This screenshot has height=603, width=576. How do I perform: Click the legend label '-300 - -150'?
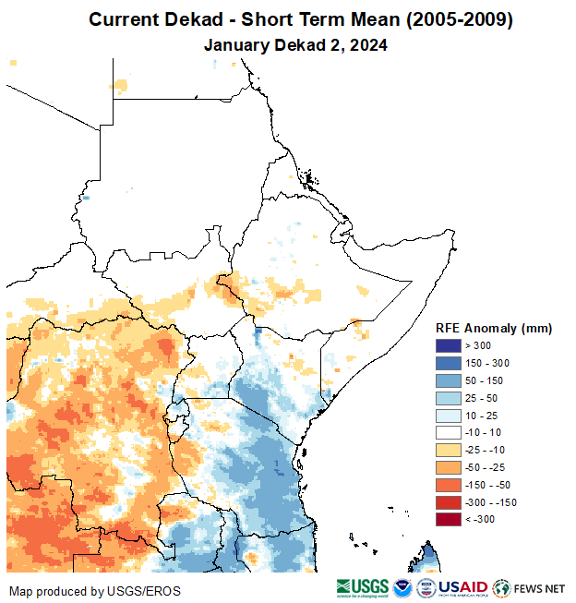click(491, 502)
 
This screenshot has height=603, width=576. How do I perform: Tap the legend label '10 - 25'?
click(480, 416)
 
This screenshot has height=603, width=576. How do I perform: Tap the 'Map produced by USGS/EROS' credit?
click(95, 590)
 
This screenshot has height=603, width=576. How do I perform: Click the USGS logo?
click(362, 587)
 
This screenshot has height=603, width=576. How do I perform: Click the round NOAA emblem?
click(403, 587)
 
